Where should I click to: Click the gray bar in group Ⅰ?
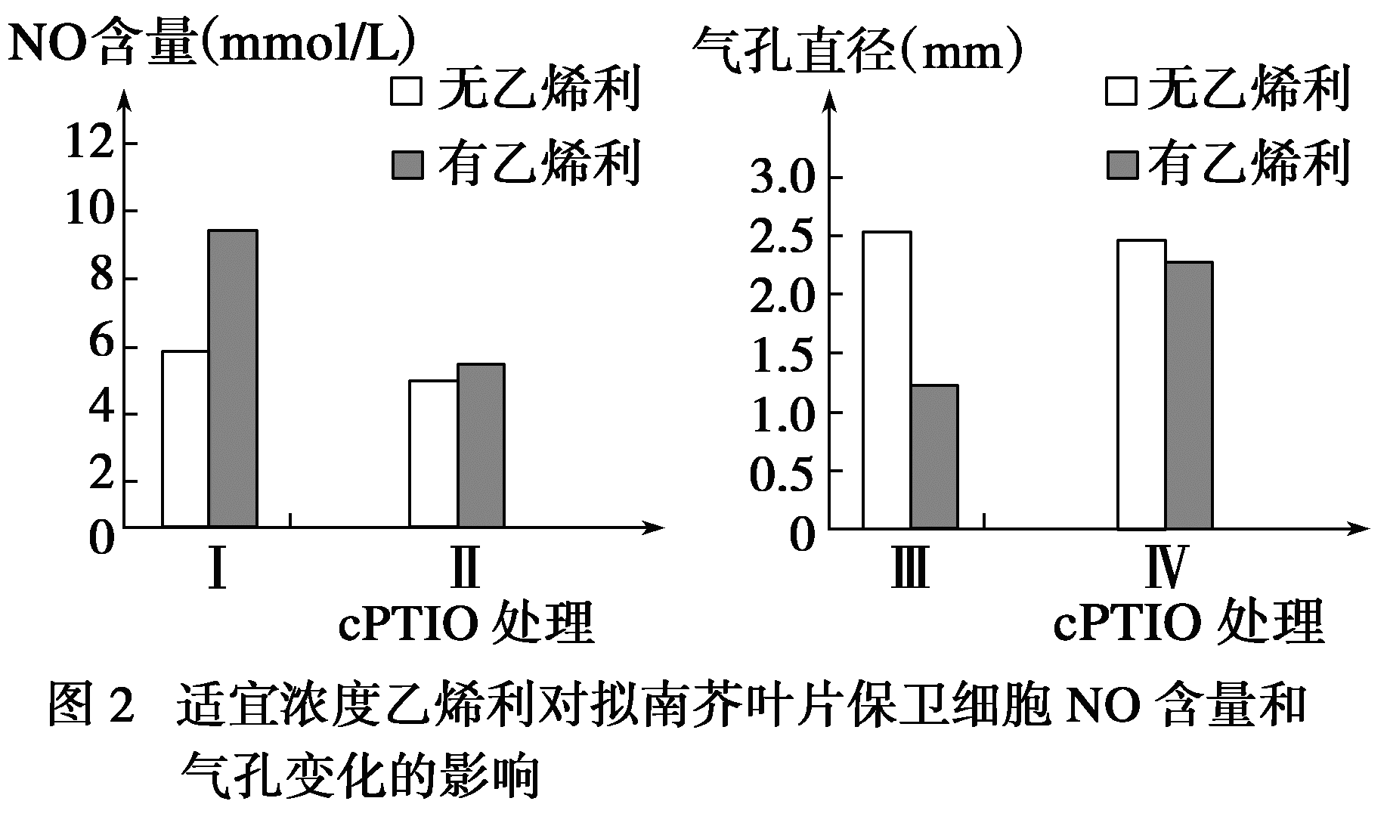(x=233, y=378)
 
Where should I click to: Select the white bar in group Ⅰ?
(x=185, y=438)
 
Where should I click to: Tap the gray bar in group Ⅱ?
(x=481, y=445)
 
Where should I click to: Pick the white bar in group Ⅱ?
(x=433, y=453)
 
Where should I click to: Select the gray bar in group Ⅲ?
(x=934, y=456)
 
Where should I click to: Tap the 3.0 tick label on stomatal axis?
(x=781, y=178)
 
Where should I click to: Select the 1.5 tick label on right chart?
(x=781, y=354)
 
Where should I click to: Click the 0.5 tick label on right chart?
(x=781, y=472)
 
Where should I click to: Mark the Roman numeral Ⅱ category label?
(x=464, y=568)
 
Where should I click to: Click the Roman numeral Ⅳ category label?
(x=1164, y=568)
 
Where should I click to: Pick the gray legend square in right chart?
(x=1122, y=165)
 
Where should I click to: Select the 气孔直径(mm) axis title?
(x=858, y=49)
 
